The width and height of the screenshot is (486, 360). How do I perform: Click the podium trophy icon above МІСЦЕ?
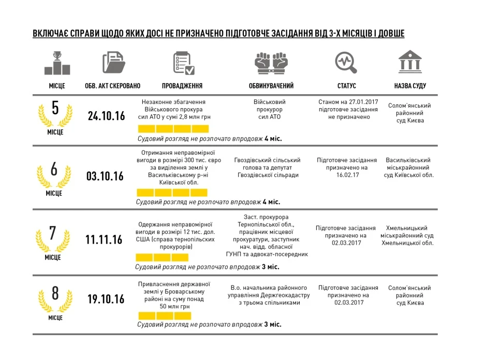(57, 63)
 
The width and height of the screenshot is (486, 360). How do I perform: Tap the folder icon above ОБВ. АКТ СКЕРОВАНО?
(114, 63)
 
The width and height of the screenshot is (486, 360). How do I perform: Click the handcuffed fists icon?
(271, 64)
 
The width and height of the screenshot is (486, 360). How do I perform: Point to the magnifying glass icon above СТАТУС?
(346, 63)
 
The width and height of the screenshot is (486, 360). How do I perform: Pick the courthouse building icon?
(409, 63)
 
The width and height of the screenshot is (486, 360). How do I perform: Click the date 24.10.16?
(107, 116)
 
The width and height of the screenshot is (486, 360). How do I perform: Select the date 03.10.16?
(105, 176)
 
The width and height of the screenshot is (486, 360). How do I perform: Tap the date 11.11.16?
(104, 239)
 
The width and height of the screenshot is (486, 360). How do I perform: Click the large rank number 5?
(55, 108)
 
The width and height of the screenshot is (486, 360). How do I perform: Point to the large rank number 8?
(55, 293)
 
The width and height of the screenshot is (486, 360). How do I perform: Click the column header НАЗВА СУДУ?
(410, 86)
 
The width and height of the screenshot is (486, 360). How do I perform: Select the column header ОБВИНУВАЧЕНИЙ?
(271, 86)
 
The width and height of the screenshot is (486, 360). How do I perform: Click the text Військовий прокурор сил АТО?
(270, 110)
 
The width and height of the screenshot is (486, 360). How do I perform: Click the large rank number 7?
(53, 233)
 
